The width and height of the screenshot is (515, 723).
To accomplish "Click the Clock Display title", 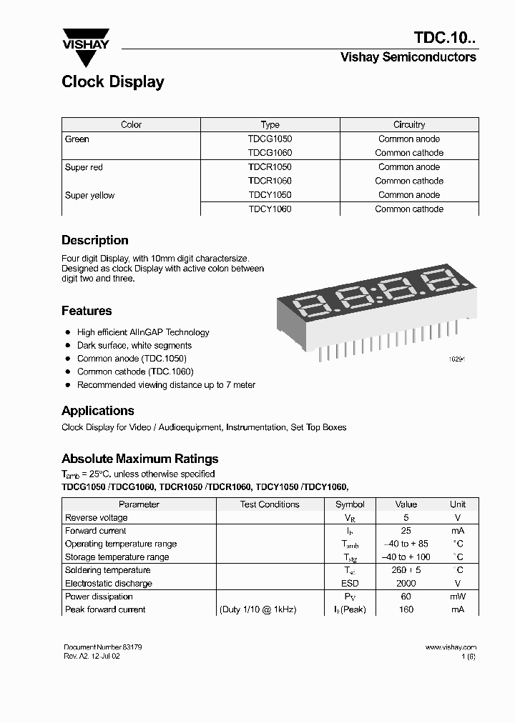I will pyautogui.click(x=113, y=82).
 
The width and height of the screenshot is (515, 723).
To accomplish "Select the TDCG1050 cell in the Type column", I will pyautogui.click(x=270, y=139).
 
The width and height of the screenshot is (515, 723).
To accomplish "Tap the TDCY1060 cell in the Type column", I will pyautogui.click(x=270, y=209).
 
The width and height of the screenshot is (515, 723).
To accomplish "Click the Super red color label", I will pyautogui.click(x=84, y=167).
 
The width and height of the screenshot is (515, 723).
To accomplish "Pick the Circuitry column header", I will pyautogui.click(x=409, y=124).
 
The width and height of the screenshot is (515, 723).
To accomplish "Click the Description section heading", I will pyautogui.click(x=95, y=241).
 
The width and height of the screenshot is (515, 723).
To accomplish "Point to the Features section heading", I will pyautogui.click(x=87, y=311).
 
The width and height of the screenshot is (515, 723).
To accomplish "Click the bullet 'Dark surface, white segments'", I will pyautogui.click(x=134, y=345).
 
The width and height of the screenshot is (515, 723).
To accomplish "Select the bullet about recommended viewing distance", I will pyautogui.click(x=166, y=385).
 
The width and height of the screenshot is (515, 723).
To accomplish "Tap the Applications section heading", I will pyautogui.click(x=98, y=411).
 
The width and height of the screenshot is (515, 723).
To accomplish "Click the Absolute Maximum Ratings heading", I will pyautogui.click(x=140, y=459).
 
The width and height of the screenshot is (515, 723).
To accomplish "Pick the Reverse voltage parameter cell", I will pyautogui.click(x=97, y=517).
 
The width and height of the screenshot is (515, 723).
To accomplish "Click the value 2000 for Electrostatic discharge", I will pyautogui.click(x=406, y=583).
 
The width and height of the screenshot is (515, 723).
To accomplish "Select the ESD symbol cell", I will pyautogui.click(x=350, y=583).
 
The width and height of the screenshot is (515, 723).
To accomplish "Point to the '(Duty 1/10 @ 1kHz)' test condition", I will pyautogui.click(x=257, y=609).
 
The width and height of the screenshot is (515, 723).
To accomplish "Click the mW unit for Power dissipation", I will pyautogui.click(x=457, y=597).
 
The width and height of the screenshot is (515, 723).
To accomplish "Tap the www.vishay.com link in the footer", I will pyautogui.click(x=450, y=647).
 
